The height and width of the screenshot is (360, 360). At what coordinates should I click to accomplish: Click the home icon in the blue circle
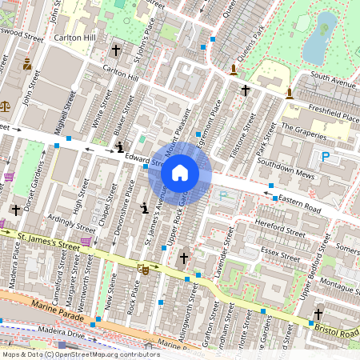pyautogui.click(x=180, y=173)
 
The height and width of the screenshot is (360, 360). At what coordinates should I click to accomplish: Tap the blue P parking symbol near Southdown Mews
pyautogui.click(x=326, y=158)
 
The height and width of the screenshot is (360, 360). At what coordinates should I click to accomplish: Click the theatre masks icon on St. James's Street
pyautogui.click(x=144, y=270)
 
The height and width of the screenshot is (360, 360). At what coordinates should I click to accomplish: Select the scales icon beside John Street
pyautogui.click(x=6, y=104)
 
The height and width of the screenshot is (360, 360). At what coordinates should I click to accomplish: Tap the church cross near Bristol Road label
pyautogui.click(x=318, y=314)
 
